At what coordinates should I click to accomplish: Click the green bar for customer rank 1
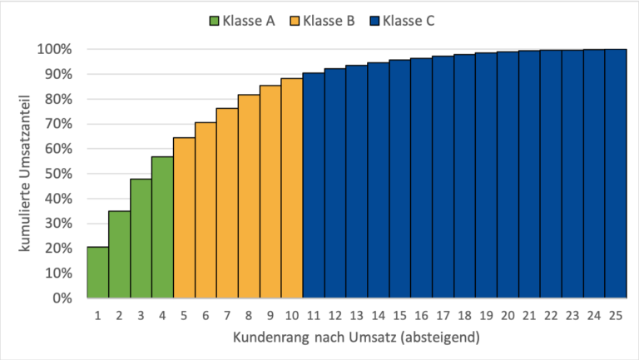tap(97, 272)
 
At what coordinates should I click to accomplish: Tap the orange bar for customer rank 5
tap(184, 217)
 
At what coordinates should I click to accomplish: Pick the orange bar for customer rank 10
tap(292, 188)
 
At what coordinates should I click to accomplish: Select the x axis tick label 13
tap(357, 316)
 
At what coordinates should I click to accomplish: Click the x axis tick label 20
tap(508, 316)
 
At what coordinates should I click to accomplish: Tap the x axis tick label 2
tap(119, 316)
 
